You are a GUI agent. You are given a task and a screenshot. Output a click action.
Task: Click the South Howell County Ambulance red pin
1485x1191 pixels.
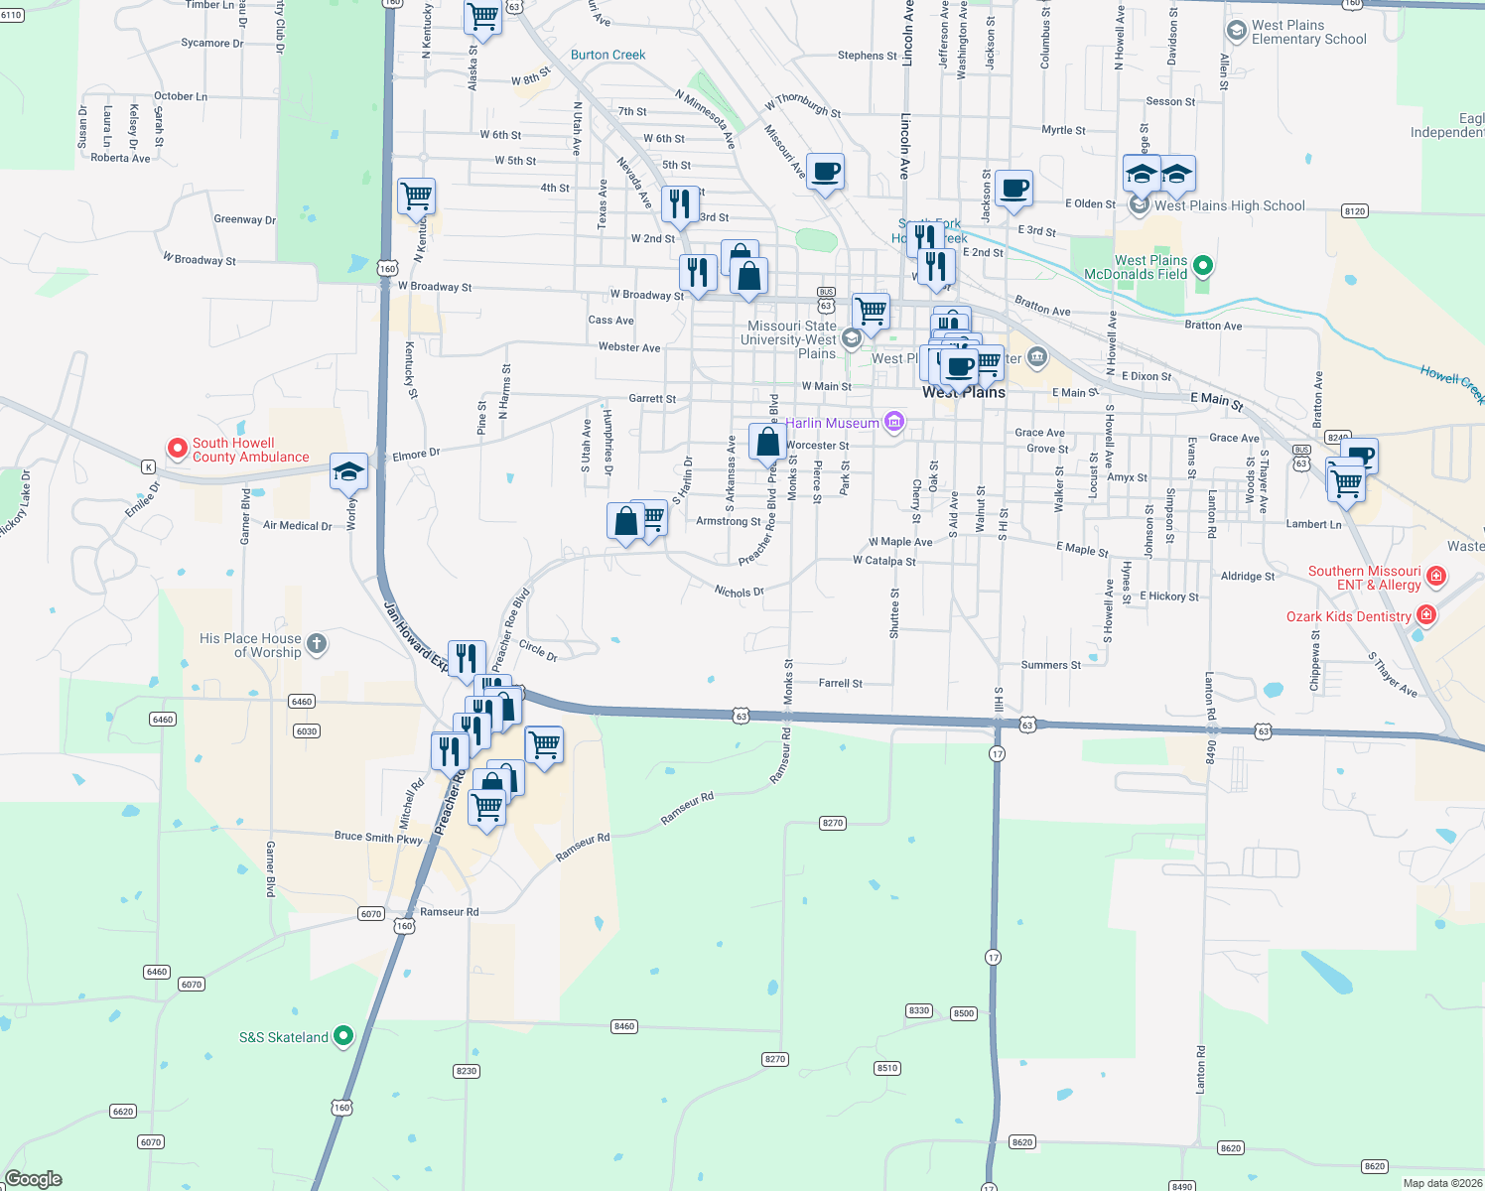click(x=178, y=449)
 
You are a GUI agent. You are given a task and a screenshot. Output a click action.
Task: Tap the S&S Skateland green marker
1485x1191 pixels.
click(x=343, y=1036)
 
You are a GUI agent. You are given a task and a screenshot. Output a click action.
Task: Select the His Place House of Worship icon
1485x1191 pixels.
click(x=317, y=644)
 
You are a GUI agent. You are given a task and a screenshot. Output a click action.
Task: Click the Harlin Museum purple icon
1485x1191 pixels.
click(x=894, y=423)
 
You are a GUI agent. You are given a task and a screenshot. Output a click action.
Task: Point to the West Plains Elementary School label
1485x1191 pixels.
click(x=1307, y=33)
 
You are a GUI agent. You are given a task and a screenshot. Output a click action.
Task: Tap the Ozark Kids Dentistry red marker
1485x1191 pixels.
click(x=1426, y=615)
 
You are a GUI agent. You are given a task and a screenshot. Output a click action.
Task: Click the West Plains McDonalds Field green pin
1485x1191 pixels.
click(x=1203, y=266)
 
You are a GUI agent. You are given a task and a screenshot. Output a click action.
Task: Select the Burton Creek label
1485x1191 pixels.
click(x=607, y=56)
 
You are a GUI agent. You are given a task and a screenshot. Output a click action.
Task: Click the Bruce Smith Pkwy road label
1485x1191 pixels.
click(x=378, y=838)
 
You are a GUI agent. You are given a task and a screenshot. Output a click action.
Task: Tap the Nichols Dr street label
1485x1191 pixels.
click(x=739, y=592)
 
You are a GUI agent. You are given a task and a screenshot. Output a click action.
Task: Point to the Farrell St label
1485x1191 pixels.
click(x=840, y=683)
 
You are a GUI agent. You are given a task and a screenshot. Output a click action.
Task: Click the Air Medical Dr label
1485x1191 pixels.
click(x=297, y=526)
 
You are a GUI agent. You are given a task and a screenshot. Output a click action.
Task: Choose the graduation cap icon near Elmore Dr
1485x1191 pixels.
click(x=348, y=470)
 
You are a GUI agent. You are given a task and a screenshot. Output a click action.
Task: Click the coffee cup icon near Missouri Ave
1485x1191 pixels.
click(x=825, y=172)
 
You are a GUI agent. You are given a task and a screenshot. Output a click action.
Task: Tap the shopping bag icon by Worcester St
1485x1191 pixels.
click(x=767, y=441)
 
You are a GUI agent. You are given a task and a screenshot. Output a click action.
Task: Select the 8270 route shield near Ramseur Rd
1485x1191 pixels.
click(x=832, y=823)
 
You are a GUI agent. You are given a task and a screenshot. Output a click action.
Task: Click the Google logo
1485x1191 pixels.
click(x=34, y=1178)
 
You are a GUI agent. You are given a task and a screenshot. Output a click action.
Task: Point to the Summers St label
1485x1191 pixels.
click(x=1050, y=665)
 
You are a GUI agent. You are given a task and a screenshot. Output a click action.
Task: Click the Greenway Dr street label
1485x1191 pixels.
click(x=244, y=219)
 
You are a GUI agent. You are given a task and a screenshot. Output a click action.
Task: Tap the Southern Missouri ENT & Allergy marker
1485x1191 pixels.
click(x=1435, y=577)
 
